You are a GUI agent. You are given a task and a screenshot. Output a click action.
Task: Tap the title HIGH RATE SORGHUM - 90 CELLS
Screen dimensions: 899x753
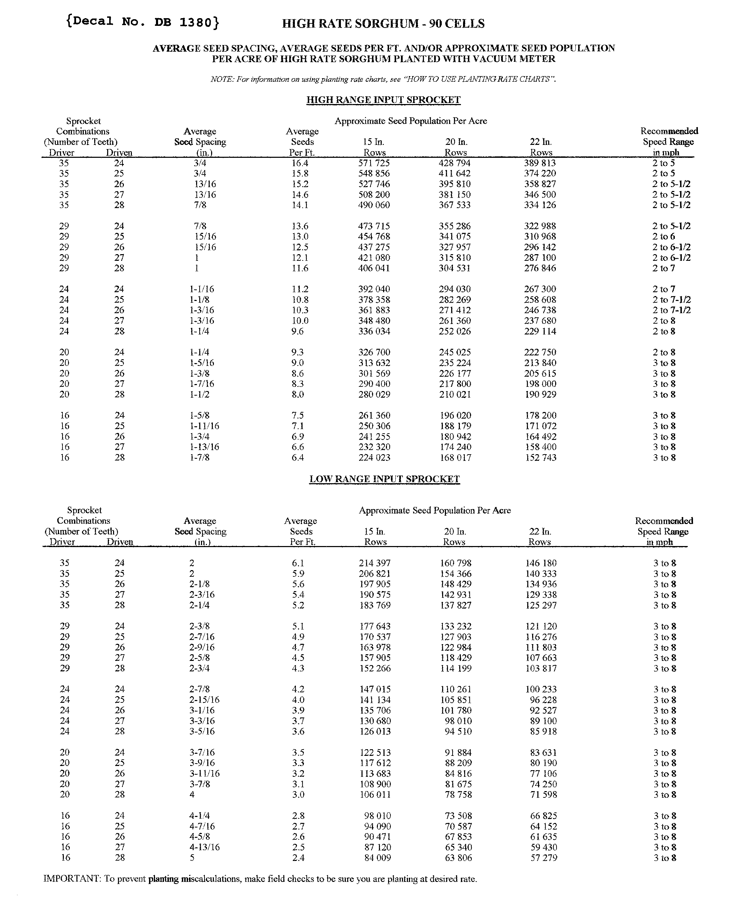point(383,23)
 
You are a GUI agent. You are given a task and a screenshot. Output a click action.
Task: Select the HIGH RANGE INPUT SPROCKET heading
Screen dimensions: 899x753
point(383,100)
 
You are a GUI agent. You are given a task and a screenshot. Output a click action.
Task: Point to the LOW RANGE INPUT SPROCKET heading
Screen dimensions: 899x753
point(384,479)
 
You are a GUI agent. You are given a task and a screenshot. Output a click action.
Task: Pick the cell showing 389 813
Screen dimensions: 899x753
point(539,163)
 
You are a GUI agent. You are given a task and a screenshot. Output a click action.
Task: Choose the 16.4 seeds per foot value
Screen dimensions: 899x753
point(299,163)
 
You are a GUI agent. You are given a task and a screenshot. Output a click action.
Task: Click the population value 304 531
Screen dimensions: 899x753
point(454,268)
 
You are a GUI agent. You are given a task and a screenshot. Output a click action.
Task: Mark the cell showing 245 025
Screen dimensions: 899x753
point(454,352)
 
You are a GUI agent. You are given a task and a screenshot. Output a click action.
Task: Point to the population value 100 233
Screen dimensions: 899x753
point(541,689)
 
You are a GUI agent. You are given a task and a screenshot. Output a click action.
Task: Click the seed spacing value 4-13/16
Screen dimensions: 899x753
point(204,847)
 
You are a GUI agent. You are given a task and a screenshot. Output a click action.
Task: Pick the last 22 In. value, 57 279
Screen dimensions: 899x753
point(543,857)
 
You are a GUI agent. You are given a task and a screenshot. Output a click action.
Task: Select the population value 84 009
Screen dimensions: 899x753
point(377,857)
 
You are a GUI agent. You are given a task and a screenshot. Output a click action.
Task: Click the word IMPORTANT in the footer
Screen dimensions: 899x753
point(71,879)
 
